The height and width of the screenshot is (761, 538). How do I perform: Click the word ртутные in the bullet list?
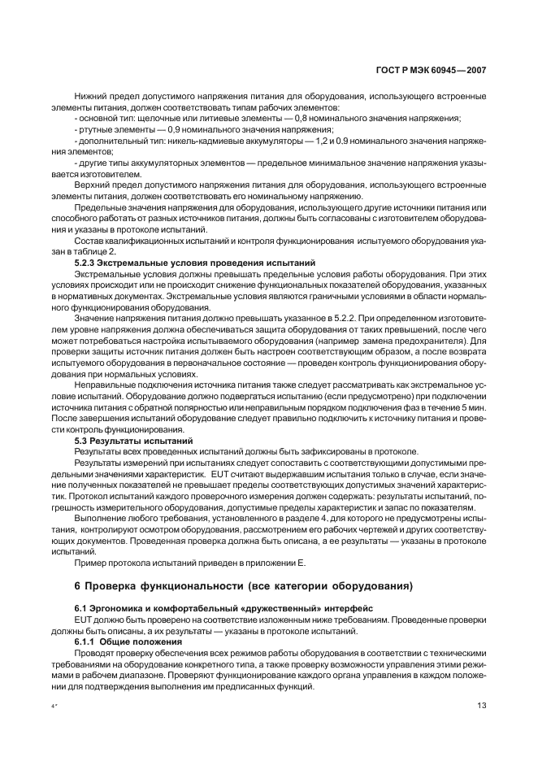click(94, 129)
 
